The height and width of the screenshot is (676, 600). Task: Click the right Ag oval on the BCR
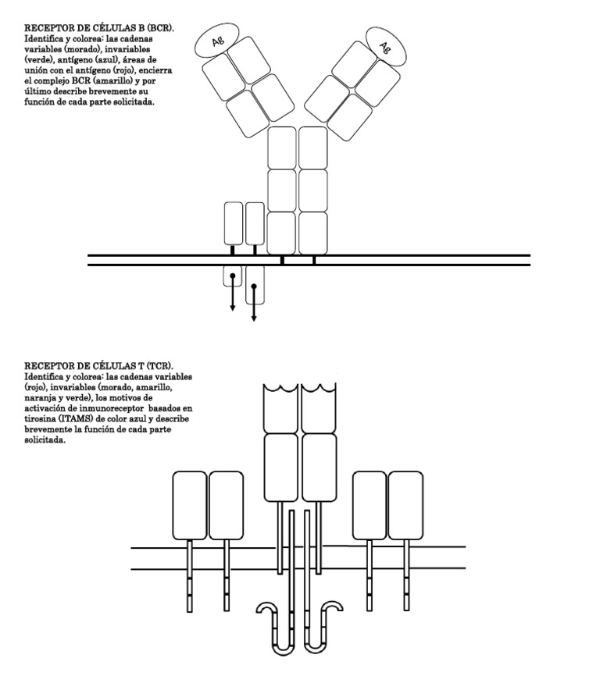[386, 47]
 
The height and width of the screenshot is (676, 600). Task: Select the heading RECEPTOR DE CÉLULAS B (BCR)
[99, 28]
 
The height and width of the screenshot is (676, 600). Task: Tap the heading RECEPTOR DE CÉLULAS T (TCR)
[99, 366]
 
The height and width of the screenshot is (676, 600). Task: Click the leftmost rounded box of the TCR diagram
[189, 504]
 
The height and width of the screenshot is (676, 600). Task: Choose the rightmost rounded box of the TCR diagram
[405, 504]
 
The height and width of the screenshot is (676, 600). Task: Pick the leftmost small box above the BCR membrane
[234, 223]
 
